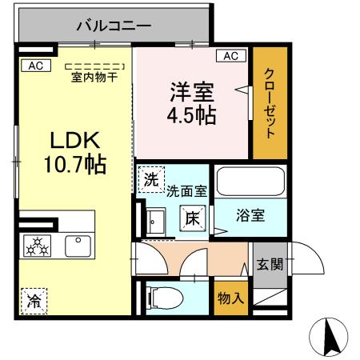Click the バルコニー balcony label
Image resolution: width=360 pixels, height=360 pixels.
pyautogui.click(x=114, y=26)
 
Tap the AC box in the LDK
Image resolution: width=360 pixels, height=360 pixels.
pyautogui.click(x=35, y=65)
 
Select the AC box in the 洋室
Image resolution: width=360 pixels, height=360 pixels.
pyautogui.click(x=230, y=56)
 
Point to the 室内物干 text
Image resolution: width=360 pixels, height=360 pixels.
pyautogui.click(x=94, y=77)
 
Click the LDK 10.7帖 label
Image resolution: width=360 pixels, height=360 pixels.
pyautogui.click(x=75, y=152)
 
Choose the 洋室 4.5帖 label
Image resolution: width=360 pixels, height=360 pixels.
pyautogui.click(x=190, y=102)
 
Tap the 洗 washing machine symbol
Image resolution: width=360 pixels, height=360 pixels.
pyautogui.click(x=150, y=180)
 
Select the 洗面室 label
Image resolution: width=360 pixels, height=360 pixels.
pyautogui.click(x=186, y=191)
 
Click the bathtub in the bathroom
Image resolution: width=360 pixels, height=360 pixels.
pyautogui.click(x=250, y=182)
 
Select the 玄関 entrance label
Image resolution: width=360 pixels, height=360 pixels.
pyautogui.click(x=268, y=265)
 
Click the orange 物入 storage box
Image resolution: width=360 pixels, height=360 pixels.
pyautogui.click(x=230, y=296)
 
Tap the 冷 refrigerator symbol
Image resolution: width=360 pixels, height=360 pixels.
pyautogui.click(x=34, y=302)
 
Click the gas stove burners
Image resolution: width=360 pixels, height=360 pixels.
pyautogui.click(x=36, y=246)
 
